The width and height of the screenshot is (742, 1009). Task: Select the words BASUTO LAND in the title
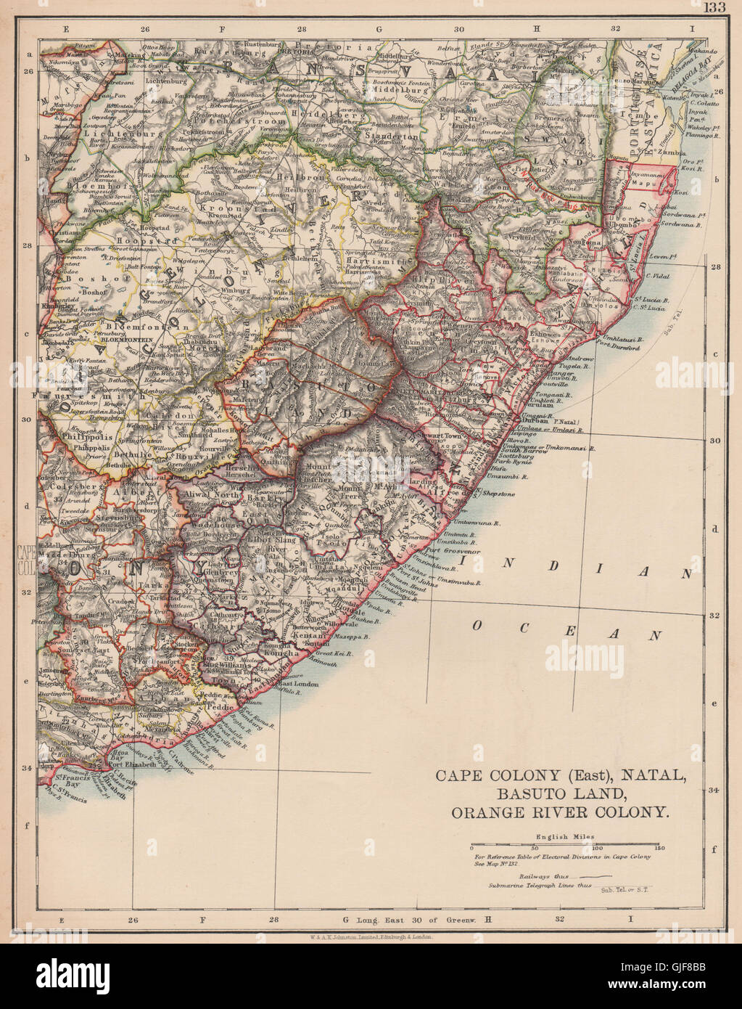(560, 794)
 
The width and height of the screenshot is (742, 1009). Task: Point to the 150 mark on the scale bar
(658, 847)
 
